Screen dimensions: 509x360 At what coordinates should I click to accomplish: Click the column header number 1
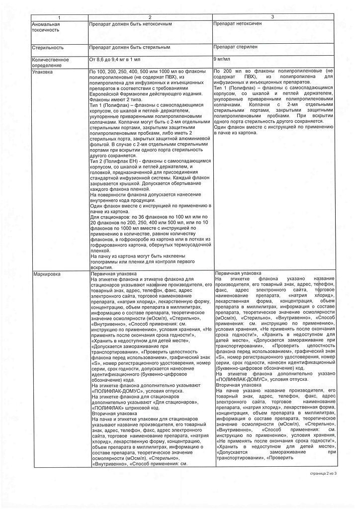[59, 18]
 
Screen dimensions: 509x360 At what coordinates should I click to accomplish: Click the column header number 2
[150, 18]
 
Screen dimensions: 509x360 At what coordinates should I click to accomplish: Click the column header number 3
[272, 17]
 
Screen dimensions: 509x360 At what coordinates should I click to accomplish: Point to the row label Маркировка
[45, 274]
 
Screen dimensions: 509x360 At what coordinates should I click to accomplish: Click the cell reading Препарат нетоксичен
[237, 23]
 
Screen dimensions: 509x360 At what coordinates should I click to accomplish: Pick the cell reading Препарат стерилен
[235, 47]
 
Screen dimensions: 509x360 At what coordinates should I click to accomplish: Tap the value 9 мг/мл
[222, 59]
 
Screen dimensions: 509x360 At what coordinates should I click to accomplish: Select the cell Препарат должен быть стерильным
[130, 47]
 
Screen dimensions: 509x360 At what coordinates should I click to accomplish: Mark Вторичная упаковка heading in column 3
[236, 385]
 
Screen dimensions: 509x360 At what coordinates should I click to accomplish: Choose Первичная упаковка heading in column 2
[114, 274]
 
